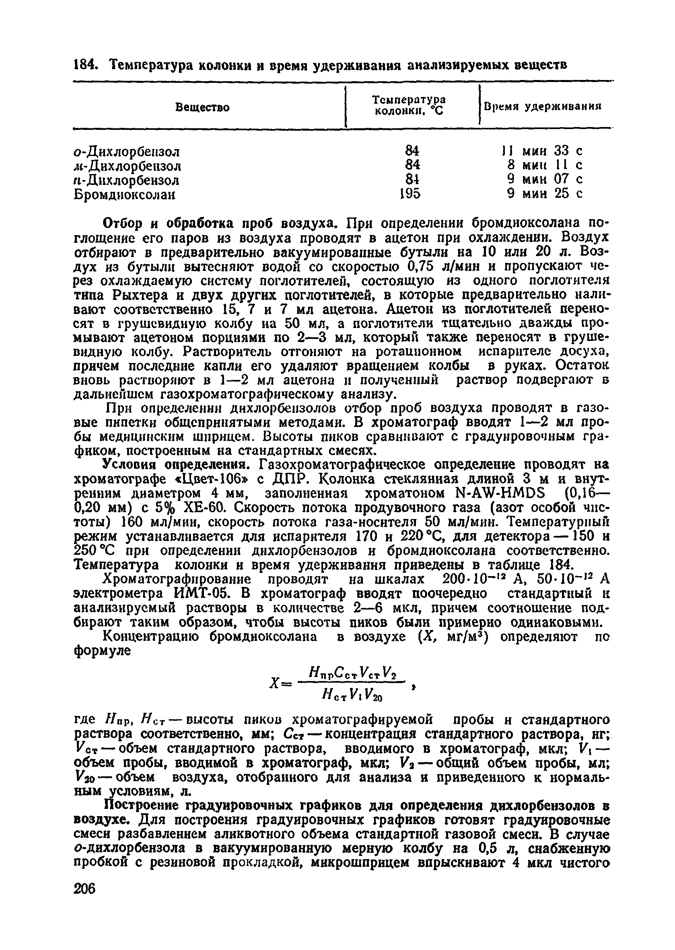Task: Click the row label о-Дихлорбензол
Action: point(127,152)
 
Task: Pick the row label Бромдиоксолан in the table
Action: point(124,195)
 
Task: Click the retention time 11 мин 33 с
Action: point(542,151)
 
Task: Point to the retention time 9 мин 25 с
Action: point(545,193)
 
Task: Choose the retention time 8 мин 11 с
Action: point(545,165)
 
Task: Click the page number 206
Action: point(85,888)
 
